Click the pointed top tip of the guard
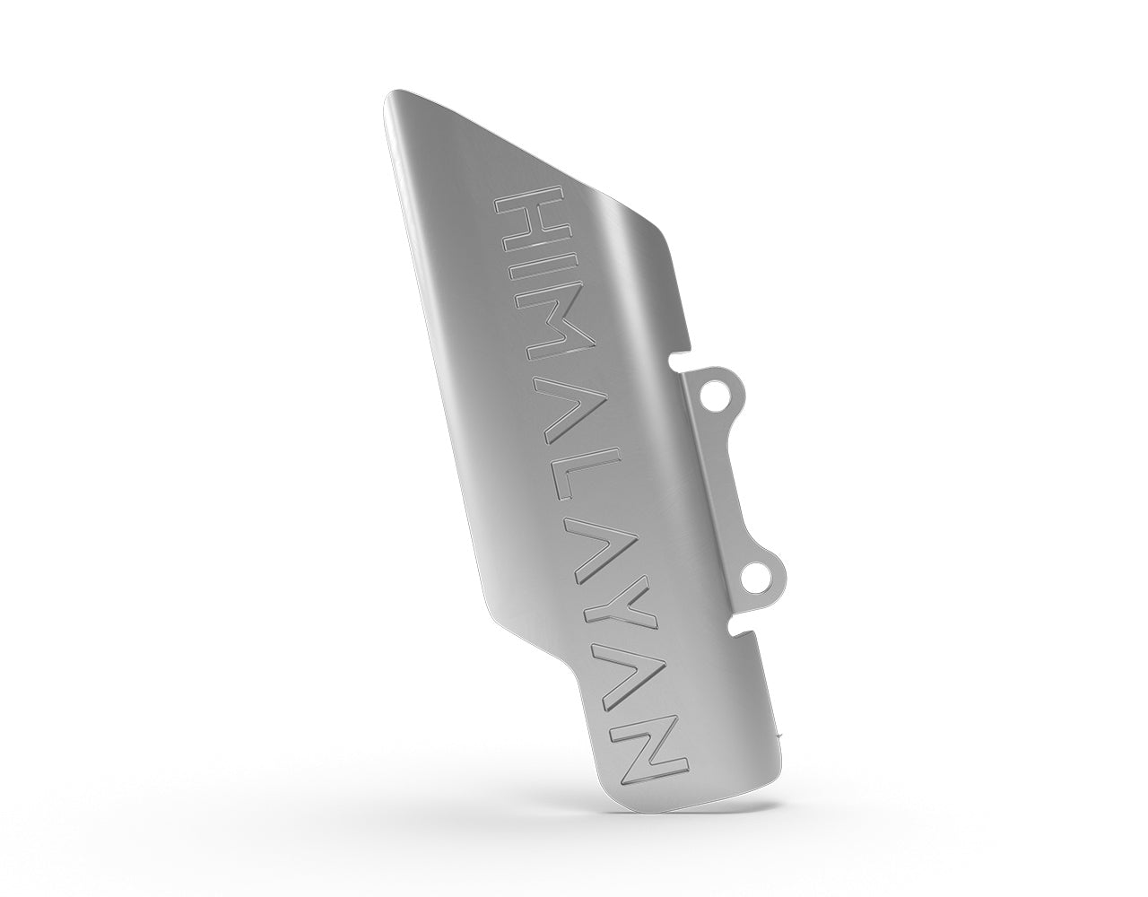point(392,97)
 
